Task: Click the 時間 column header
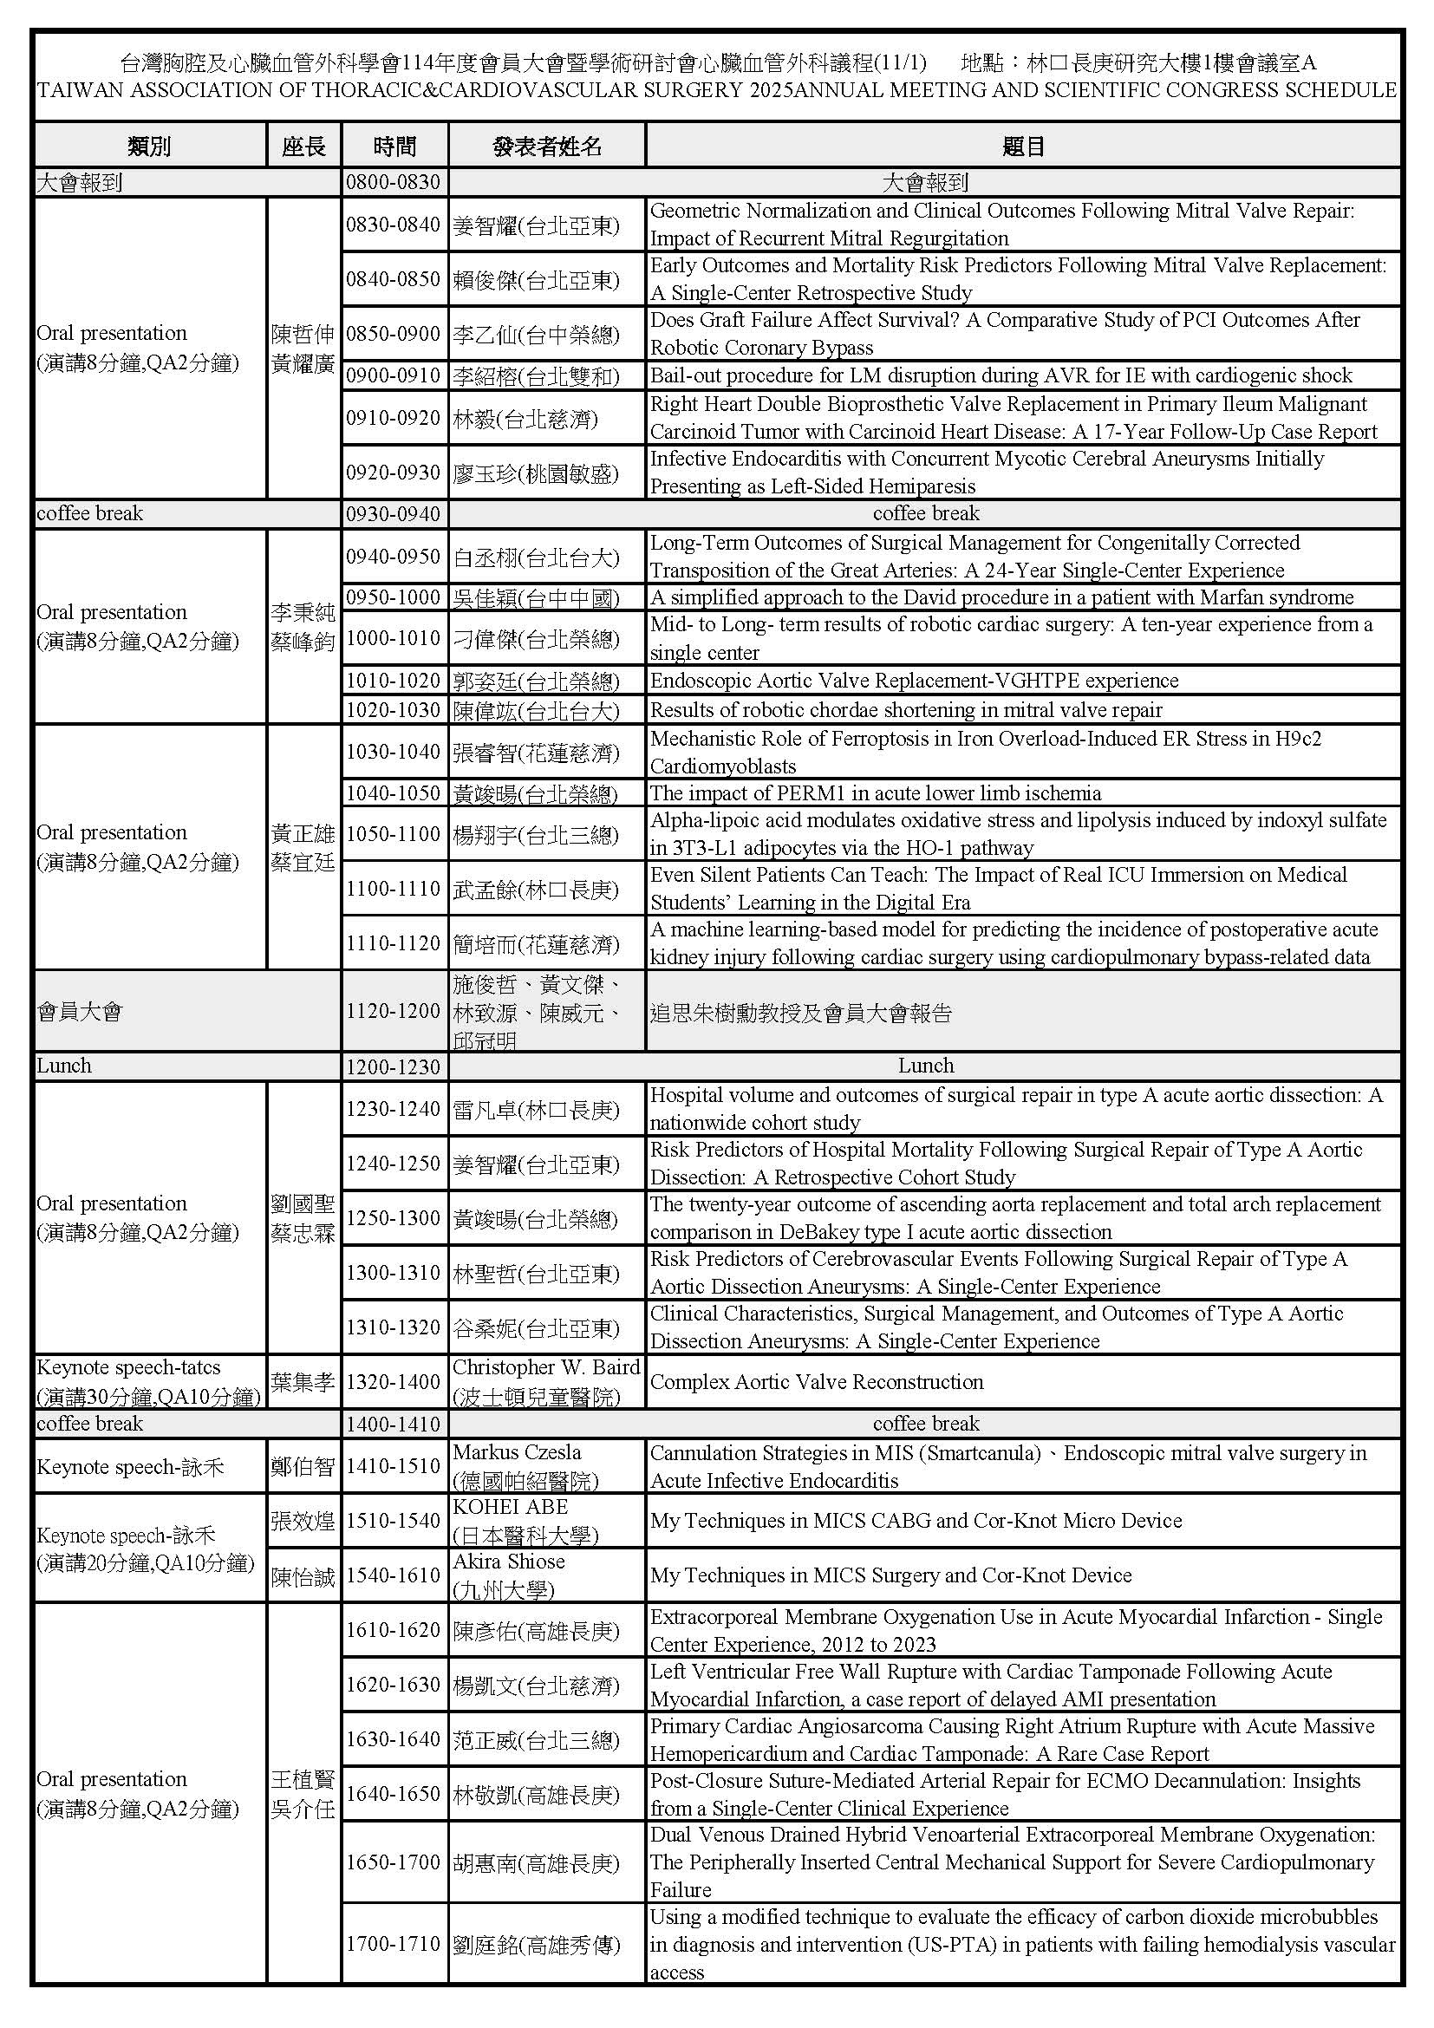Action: pyautogui.click(x=394, y=146)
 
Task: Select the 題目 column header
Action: pyautogui.click(x=1022, y=146)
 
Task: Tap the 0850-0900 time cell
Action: pyautogui.click(x=394, y=334)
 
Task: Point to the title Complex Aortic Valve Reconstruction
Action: pyautogui.click(x=817, y=1381)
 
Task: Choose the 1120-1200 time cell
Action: pyautogui.click(x=394, y=1010)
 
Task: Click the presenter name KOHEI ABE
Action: pyautogui.click(x=511, y=1506)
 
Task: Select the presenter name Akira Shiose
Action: pyautogui.click(x=509, y=1561)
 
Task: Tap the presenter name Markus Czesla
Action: pyautogui.click(x=517, y=1451)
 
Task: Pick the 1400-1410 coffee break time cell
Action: pyautogui.click(x=394, y=1423)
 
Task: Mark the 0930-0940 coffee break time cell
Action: pyautogui.click(x=394, y=513)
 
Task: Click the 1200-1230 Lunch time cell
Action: pyautogui.click(x=394, y=1066)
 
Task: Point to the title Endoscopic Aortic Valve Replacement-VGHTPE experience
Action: pyautogui.click(x=914, y=680)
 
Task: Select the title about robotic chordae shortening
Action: pyautogui.click(x=906, y=709)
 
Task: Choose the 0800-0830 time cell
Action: pyautogui.click(x=394, y=182)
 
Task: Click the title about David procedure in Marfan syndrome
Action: pyautogui.click(x=1001, y=597)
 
